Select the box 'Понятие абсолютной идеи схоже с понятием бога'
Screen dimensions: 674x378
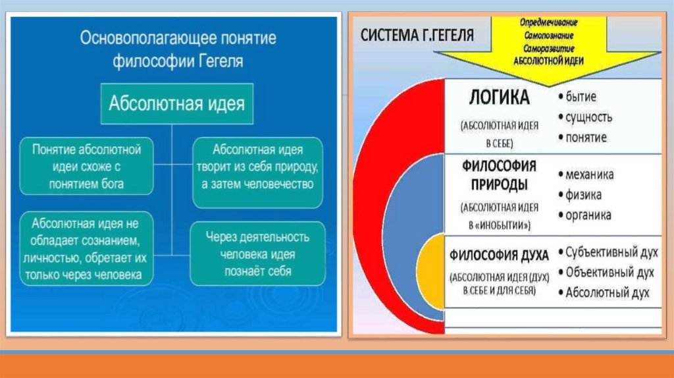coord(86,165)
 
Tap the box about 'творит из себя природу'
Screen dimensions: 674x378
coord(258,166)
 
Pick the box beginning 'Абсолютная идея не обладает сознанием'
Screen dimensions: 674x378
coord(86,248)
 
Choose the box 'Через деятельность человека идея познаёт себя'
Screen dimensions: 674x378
coord(258,253)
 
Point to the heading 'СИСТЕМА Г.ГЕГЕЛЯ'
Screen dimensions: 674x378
coord(417,34)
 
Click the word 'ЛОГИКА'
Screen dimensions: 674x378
coord(499,98)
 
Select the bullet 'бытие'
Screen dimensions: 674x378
coord(580,97)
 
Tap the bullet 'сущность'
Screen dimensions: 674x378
coord(588,117)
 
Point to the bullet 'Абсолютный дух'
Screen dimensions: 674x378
coord(608,292)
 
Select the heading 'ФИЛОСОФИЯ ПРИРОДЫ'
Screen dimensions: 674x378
coord(498,175)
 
